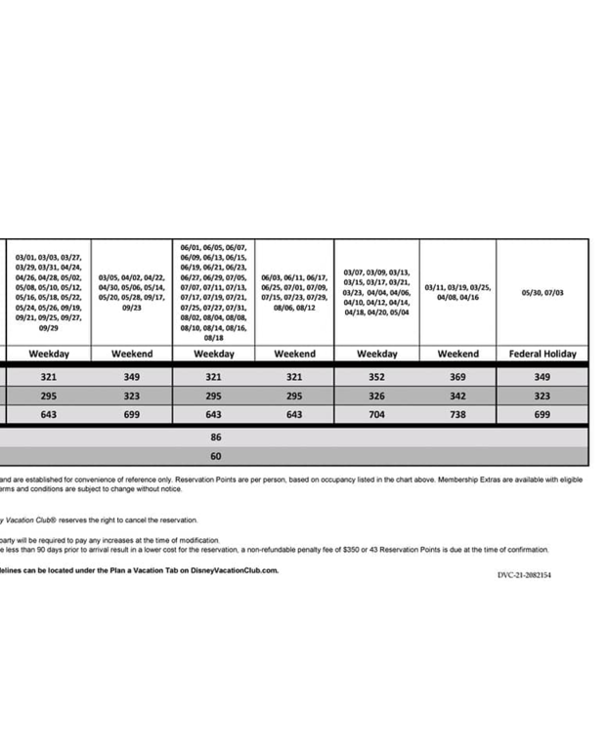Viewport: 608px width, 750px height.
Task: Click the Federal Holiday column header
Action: click(x=543, y=354)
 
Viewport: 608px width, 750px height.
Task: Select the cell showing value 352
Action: click(x=376, y=377)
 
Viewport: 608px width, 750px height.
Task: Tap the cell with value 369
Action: click(x=457, y=377)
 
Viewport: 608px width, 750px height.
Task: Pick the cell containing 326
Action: click(x=376, y=396)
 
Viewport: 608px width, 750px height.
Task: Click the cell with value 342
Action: click(x=457, y=396)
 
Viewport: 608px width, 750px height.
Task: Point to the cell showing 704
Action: click(x=376, y=414)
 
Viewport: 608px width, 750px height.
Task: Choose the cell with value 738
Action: click(x=457, y=414)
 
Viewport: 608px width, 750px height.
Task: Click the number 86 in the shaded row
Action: click(x=215, y=437)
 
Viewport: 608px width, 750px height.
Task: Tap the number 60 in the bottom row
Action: click(x=215, y=456)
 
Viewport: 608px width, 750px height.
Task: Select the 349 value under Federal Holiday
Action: click(x=543, y=377)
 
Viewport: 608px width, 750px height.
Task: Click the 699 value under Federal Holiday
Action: click(x=543, y=414)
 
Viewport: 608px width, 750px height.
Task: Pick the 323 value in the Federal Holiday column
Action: click(x=543, y=396)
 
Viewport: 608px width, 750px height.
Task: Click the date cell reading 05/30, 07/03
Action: click(x=543, y=292)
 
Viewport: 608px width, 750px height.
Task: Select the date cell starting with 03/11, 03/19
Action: click(x=457, y=292)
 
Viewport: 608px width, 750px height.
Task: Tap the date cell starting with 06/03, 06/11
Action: click(x=294, y=292)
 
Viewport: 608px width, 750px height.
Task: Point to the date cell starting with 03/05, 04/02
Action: click(x=132, y=292)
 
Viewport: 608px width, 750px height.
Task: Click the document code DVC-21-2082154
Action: click(x=524, y=575)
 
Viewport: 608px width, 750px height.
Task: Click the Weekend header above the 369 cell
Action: click(x=457, y=354)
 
